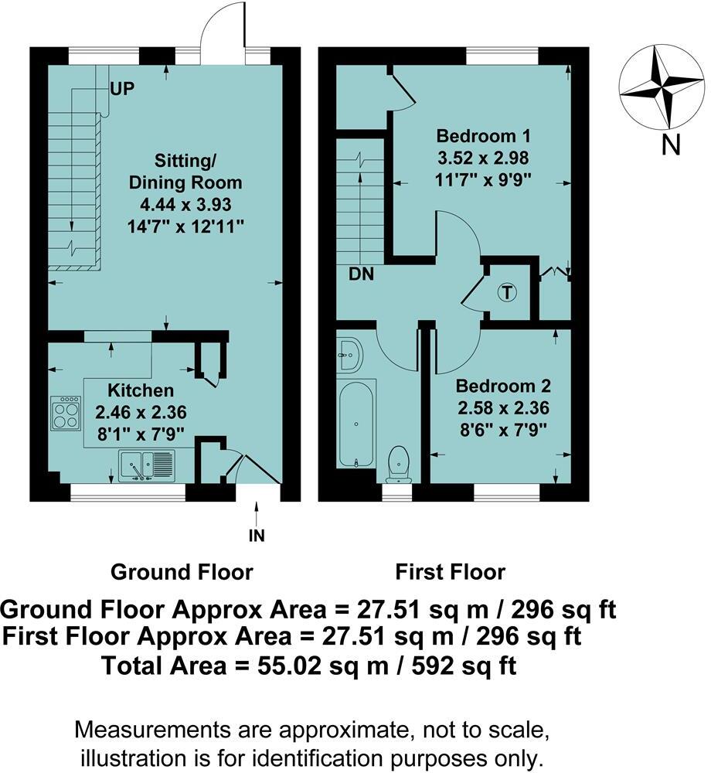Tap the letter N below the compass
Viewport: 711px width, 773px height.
(x=671, y=145)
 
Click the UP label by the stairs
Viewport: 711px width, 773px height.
(x=122, y=89)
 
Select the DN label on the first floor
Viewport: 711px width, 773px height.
(x=361, y=274)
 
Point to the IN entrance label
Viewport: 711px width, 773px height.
(x=257, y=536)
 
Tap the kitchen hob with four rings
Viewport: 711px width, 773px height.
(x=66, y=412)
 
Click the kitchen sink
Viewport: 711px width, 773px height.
(x=146, y=465)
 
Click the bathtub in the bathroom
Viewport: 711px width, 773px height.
(x=356, y=423)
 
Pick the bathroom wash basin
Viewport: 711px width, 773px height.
(x=350, y=355)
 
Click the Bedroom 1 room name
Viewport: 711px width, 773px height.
(x=483, y=135)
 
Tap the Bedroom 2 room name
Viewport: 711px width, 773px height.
(x=503, y=386)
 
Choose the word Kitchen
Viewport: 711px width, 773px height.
(x=141, y=390)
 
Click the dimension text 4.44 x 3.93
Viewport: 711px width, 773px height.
(x=185, y=204)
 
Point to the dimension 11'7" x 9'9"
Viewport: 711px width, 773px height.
(x=483, y=180)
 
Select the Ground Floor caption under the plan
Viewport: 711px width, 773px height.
(x=182, y=572)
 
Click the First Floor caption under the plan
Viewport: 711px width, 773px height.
(x=451, y=572)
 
